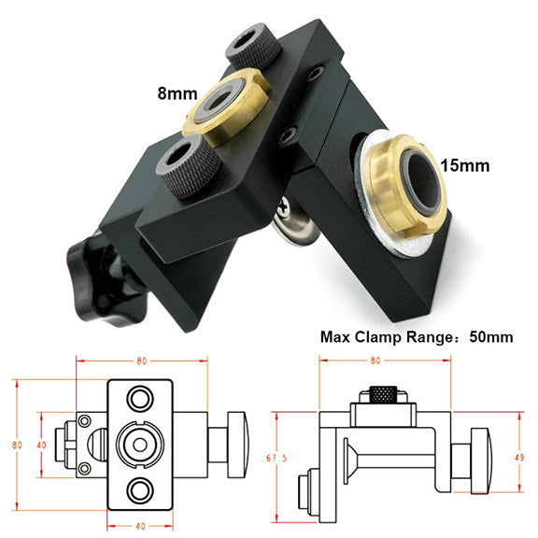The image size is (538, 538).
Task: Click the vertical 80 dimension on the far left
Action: (x=17, y=446)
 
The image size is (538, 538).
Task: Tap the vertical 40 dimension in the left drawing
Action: (x=41, y=445)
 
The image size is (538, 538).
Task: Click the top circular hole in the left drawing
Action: (x=140, y=398)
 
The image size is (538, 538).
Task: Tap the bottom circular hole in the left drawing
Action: (x=140, y=489)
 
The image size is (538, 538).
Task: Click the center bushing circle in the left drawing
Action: (x=140, y=445)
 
